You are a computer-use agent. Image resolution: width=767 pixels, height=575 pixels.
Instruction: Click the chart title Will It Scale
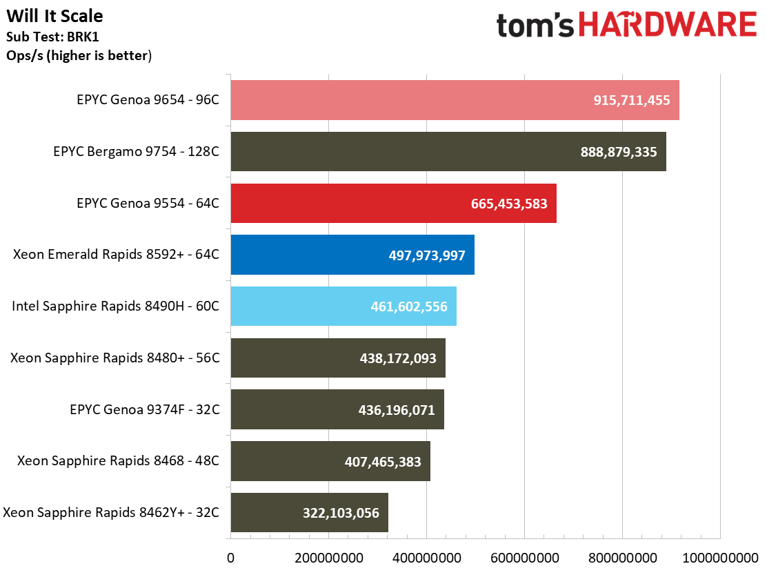[x=55, y=15]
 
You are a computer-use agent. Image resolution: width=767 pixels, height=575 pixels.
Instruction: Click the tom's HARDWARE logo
[x=626, y=26]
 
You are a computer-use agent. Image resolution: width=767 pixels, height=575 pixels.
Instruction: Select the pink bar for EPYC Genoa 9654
[x=414, y=100]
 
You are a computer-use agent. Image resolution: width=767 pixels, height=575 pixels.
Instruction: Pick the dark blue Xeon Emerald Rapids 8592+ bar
[x=310, y=255]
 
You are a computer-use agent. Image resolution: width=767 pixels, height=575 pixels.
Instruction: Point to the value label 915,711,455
[x=632, y=100]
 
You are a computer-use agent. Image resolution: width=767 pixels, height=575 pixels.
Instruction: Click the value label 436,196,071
[x=397, y=410]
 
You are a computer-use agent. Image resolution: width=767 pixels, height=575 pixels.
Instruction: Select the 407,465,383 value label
[x=383, y=461]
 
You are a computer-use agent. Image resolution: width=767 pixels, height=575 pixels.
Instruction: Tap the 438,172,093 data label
[x=398, y=358]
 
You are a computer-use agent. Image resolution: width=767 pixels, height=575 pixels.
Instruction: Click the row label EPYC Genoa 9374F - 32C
[x=145, y=410]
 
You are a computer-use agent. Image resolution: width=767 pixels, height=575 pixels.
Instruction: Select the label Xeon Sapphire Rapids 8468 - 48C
[x=119, y=461]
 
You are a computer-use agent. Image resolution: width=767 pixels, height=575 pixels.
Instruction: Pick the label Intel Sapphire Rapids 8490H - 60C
[x=116, y=306]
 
